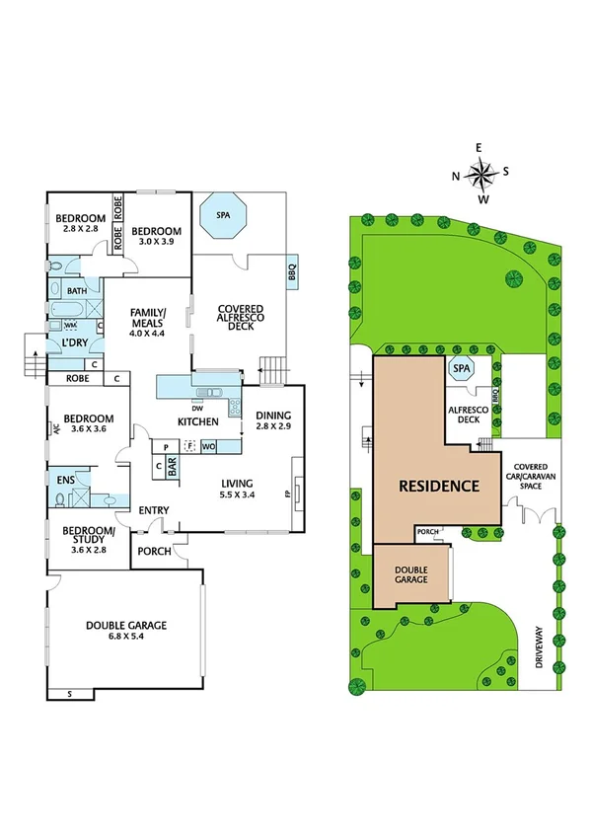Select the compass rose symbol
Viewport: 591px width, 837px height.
pos(480,175)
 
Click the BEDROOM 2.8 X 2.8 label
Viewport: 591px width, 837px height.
pos(80,223)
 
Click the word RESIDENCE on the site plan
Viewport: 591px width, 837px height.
pos(439,486)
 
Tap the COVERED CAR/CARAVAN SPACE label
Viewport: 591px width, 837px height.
pos(533,477)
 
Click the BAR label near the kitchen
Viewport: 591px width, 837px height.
pos(172,467)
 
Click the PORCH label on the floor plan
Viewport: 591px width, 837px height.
pos(154,551)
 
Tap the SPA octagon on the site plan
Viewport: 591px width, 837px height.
pos(461,369)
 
